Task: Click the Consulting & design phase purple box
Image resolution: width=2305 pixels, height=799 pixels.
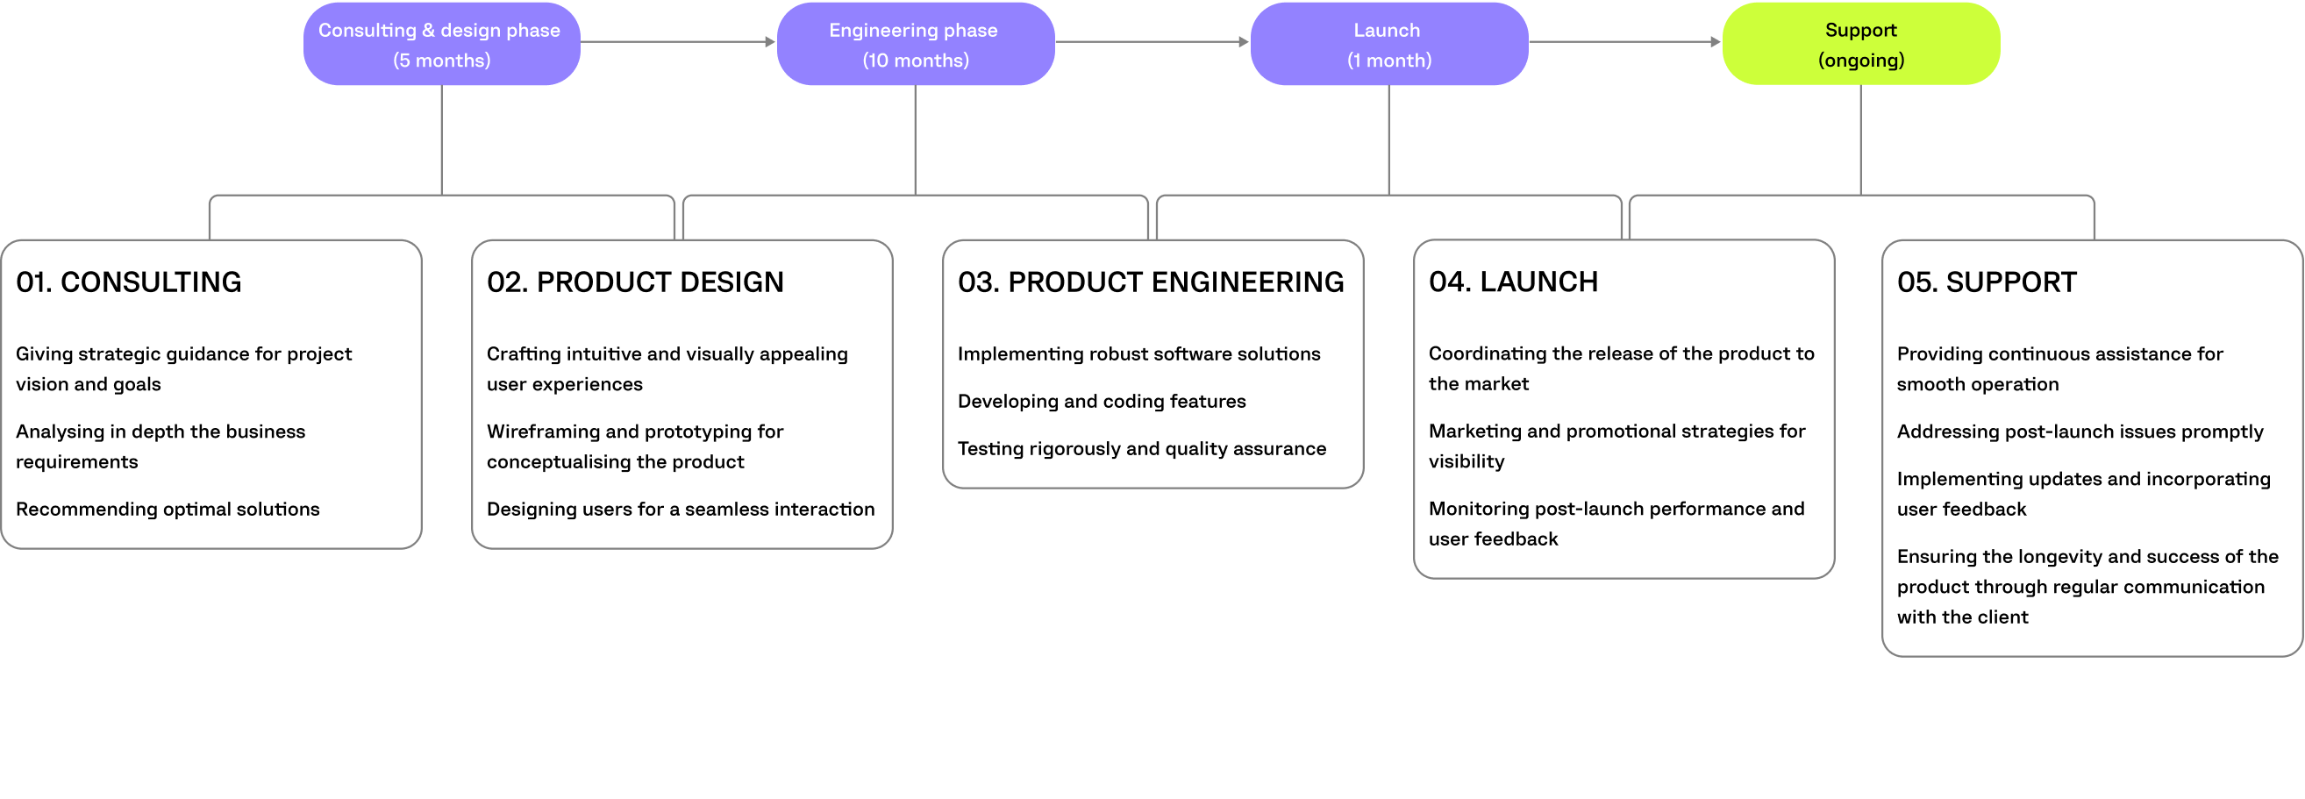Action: tap(441, 44)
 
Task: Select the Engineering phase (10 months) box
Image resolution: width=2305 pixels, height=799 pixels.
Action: tap(915, 44)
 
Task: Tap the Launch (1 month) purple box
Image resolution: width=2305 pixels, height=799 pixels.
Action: tap(1388, 44)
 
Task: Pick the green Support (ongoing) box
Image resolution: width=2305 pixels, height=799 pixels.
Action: tap(1860, 44)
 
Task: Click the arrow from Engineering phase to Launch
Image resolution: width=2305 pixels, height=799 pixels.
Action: tap(1152, 41)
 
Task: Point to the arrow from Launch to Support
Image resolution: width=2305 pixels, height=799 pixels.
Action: tap(1624, 41)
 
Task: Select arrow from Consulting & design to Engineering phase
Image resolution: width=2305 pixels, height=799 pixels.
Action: tap(677, 41)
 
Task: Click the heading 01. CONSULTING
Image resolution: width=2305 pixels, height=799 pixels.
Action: tap(129, 282)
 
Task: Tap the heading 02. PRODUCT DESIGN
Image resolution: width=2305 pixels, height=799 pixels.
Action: tap(634, 282)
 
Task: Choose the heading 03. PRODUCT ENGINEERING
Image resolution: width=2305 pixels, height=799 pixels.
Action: tap(1150, 282)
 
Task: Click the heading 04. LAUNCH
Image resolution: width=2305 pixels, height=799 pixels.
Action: tap(1512, 282)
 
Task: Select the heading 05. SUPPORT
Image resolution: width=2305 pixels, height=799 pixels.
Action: tap(1986, 282)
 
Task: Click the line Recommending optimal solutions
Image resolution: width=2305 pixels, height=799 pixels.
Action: tap(168, 509)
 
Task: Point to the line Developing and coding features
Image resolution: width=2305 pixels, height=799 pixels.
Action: tap(1101, 401)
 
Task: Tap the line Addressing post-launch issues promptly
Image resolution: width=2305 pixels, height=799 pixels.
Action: tap(2080, 432)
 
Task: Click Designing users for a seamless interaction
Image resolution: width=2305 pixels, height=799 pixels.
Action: tap(680, 509)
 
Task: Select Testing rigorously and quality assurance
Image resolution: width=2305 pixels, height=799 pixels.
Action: tap(1141, 448)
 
